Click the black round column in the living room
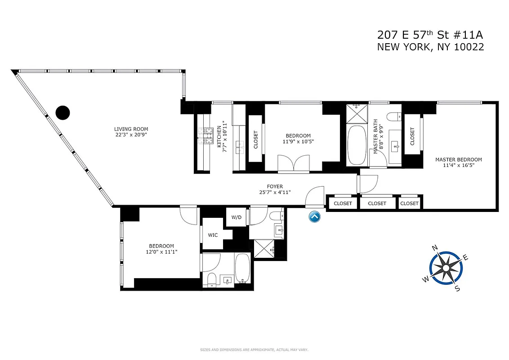[x=63, y=112]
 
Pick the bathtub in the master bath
[x=358, y=146]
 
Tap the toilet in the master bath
[x=394, y=117]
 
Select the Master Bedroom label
[x=458, y=162]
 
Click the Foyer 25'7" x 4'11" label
[x=275, y=189]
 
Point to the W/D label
[x=237, y=217]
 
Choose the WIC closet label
[x=213, y=234]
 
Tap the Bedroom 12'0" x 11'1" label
[x=161, y=249]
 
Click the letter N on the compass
[x=435, y=248]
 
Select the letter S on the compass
[x=457, y=288]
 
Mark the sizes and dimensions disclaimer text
[x=254, y=350]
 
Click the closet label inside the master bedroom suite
[x=412, y=136]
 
